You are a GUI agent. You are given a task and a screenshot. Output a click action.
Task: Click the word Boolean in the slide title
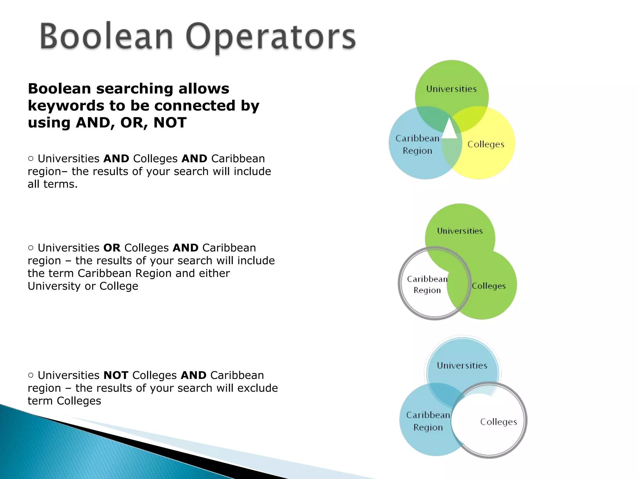(106, 37)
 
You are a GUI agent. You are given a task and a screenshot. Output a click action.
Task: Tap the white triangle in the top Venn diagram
(449, 129)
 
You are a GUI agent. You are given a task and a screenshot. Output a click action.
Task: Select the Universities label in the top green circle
(451, 89)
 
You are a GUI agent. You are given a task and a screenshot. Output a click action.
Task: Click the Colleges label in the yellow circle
(486, 144)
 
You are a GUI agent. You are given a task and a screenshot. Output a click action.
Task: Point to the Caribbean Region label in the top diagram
(417, 144)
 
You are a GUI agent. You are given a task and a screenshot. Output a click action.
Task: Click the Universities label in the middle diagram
(460, 231)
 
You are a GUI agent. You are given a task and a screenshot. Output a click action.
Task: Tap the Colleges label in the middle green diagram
(488, 286)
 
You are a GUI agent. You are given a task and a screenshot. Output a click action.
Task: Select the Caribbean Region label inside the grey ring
(427, 284)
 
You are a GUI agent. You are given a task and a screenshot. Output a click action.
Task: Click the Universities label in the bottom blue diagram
(462, 365)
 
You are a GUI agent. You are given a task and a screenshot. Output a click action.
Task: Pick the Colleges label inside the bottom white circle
(498, 422)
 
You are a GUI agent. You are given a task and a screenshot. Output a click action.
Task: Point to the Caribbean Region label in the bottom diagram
(428, 421)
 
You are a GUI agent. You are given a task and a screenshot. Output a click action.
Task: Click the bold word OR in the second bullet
(112, 248)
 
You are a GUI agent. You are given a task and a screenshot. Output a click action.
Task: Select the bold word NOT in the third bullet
(116, 375)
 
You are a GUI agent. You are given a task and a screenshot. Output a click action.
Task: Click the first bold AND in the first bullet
(116, 159)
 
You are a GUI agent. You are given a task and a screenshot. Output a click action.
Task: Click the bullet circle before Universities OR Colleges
(31, 248)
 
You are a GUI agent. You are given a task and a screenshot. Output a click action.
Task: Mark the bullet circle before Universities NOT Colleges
(31, 375)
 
